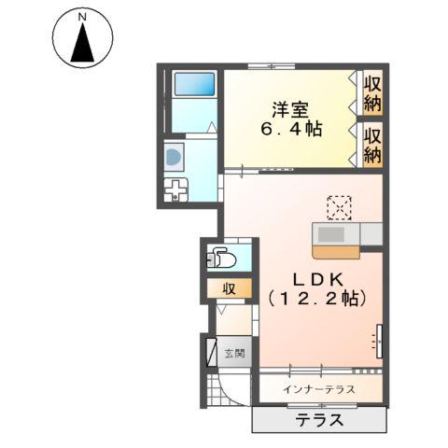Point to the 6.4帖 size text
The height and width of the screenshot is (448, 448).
(291, 130)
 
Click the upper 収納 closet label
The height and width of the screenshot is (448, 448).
(372, 91)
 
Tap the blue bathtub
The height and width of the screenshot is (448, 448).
(194, 86)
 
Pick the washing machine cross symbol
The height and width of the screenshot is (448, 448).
(175, 192)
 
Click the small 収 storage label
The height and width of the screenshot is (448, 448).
(228, 288)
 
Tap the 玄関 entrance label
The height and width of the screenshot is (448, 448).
(234, 354)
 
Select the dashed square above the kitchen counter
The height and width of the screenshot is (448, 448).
(339, 206)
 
